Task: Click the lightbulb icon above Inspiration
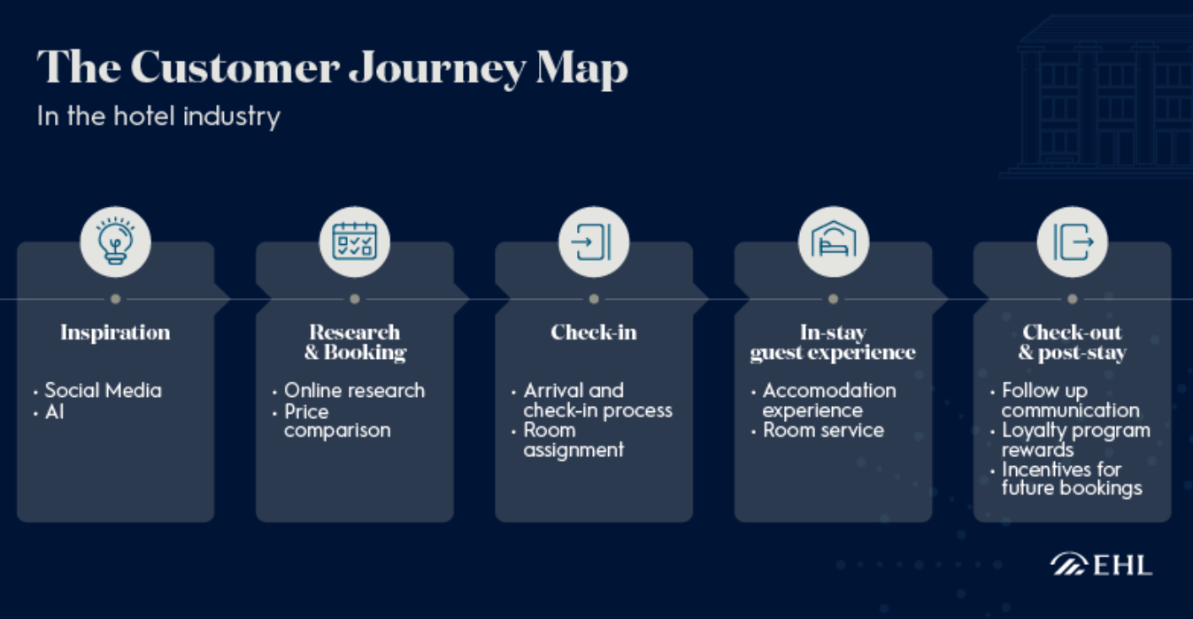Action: coord(116,241)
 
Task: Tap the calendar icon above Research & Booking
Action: coord(355,241)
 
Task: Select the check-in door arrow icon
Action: coord(594,241)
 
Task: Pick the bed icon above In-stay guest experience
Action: coord(834,241)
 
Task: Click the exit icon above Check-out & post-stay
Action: coord(1073,241)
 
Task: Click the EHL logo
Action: coord(1102,564)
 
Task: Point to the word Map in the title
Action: coord(580,67)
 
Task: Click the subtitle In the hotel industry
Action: coord(158,116)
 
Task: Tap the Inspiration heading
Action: coord(115,332)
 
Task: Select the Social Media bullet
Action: coord(103,390)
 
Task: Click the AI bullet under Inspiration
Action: coord(54,412)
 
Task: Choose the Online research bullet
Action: coord(354,390)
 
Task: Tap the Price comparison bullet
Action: coord(336,421)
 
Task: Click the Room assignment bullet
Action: coord(573,440)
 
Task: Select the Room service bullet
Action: coord(823,431)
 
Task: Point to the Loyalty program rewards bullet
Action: coord(1075,440)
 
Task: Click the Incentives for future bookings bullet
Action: coord(1072,478)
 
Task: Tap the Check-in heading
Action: coord(594,332)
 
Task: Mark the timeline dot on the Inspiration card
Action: coord(116,299)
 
